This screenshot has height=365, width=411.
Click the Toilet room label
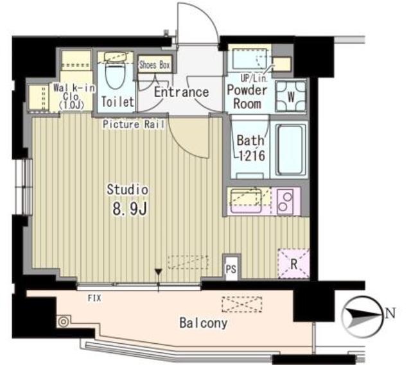(x=118, y=101)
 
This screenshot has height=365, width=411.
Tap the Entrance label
(x=182, y=92)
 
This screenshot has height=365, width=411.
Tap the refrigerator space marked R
(x=292, y=263)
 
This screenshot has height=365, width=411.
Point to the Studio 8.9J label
(x=128, y=199)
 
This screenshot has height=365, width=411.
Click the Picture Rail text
(x=134, y=123)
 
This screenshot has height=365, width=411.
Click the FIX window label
(x=94, y=298)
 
